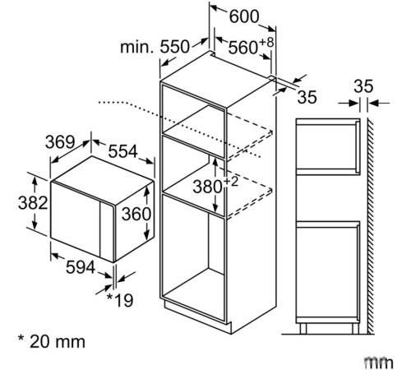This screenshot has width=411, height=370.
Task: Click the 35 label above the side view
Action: pos(363,85)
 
